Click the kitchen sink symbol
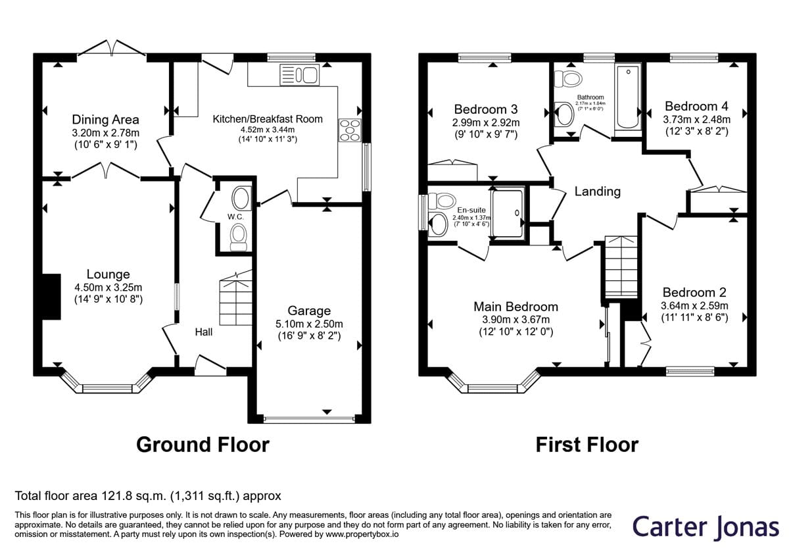[300, 75]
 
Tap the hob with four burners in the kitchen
[350, 130]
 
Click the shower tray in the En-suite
[508, 214]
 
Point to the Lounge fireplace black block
[51, 297]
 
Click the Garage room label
[309, 311]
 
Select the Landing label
[598, 191]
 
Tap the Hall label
[204, 332]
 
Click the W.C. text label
[235, 216]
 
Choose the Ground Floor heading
[203, 445]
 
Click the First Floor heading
[586, 445]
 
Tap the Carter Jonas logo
[705, 527]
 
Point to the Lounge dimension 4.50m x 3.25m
[108, 288]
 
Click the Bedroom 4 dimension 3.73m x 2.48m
[697, 120]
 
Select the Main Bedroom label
[515, 307]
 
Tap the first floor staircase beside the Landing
[621, 267]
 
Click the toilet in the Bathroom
[568, 78]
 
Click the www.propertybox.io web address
[362, 534]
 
